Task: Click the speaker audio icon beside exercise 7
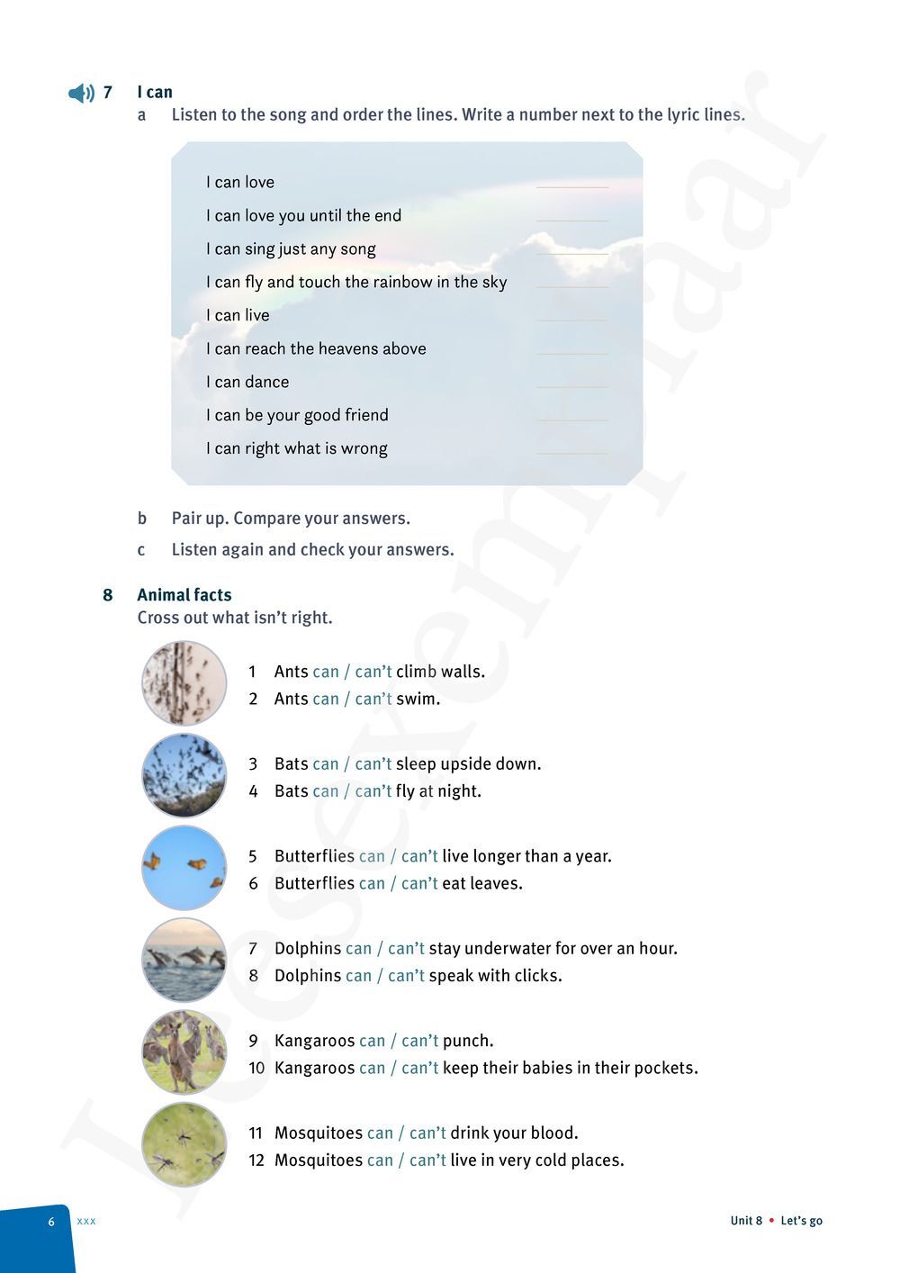81,93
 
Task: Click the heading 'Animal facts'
184,595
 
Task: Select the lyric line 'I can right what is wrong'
296,448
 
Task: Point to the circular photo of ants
184,683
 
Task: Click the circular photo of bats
184,775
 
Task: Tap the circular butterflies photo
184,868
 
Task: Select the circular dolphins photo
184,960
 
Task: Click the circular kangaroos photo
184,1052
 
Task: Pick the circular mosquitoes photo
184,1144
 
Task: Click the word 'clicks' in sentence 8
536,976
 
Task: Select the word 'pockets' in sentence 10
664,1069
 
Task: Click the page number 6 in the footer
51,1222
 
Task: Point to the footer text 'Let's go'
801,1221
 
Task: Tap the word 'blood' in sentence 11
551,1133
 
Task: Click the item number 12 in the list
256,1160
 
